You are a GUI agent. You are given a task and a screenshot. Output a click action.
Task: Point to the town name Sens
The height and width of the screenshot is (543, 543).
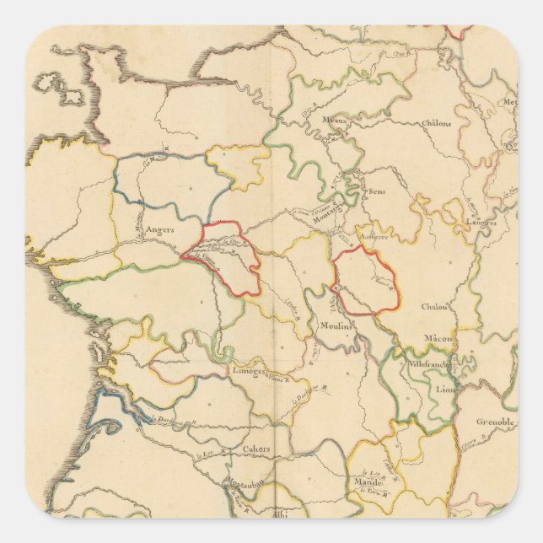point(376,191)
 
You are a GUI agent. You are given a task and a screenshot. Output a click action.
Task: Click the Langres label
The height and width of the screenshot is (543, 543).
point(481,223)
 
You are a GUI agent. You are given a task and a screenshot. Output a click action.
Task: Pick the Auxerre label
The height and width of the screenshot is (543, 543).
point(371,238)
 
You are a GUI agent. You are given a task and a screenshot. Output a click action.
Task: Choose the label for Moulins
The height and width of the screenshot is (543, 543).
point(335,325)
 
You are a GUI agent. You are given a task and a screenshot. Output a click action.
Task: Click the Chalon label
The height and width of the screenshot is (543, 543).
point(435,307)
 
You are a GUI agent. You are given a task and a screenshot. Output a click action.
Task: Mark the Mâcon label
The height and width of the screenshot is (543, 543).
point(439,338)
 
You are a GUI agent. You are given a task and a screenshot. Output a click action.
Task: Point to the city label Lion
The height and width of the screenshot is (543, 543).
point(444,390)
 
